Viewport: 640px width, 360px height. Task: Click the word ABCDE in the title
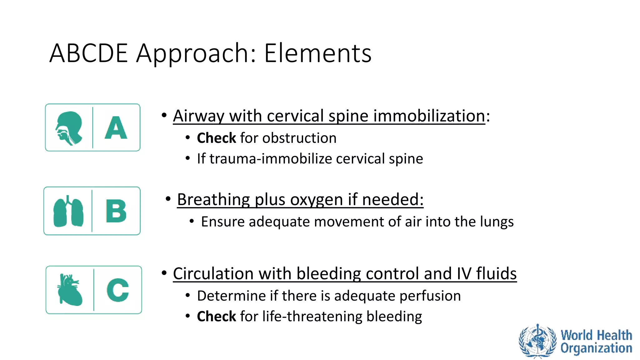point(88,53)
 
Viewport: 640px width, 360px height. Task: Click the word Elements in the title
point(317,53)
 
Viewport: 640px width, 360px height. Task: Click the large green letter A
point(116,128)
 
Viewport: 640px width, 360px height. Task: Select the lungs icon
point(68,212)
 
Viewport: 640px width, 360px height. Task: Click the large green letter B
point(116,212)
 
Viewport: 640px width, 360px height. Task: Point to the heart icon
point(70,290)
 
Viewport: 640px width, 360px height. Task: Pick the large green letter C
point(118,290)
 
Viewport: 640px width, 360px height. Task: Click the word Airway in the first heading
point(199,116)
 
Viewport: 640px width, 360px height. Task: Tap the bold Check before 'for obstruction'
point(216,138)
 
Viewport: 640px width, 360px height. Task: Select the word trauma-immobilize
point(270,159)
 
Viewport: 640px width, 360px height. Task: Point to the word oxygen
point(316,200)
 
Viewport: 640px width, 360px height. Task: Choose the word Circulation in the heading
point(213,274)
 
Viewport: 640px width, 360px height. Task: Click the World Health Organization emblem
point(537,341)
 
